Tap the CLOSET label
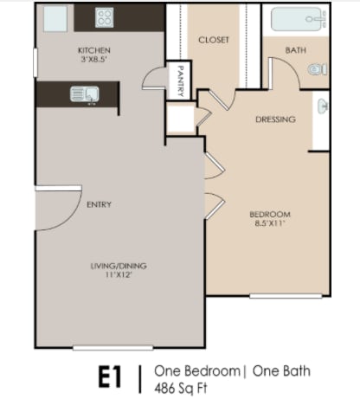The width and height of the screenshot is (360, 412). click(212, 40)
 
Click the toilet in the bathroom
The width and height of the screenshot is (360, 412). click(318, 68)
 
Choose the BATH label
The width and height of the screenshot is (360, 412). click(295, 50)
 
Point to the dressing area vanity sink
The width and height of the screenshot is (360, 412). click(323, 107)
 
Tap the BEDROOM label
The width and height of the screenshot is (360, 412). click(269, 214)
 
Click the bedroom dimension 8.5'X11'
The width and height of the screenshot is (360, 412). click(269, 225)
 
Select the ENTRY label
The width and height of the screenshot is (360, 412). click(99, 204)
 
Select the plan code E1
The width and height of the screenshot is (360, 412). click(107, 377)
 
